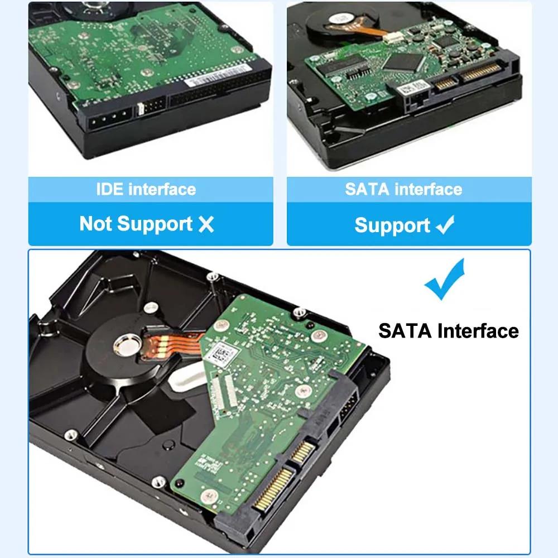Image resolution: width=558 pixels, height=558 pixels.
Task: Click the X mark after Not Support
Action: (206, 224)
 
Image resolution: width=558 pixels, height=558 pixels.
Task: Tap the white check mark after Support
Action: (445, 225)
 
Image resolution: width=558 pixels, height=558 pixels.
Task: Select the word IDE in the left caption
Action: (110, 189)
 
